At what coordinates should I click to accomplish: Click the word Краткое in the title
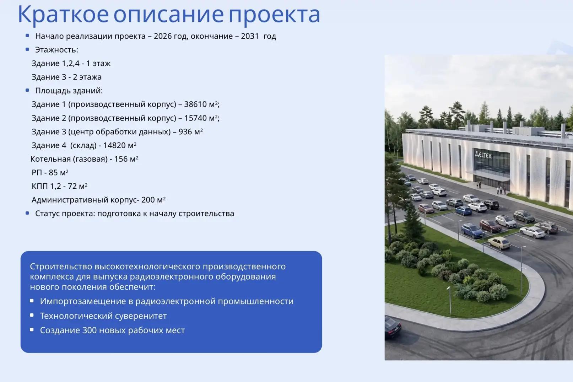click(x=63, y=15)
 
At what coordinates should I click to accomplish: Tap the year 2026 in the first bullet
click(x=163, y=36)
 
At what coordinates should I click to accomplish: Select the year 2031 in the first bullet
click(x=250, y=36)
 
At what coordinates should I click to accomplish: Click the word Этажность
click(x=56, y=50)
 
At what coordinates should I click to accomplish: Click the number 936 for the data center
click(x=185, y=131)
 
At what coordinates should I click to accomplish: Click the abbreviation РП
click(x=37, y=172)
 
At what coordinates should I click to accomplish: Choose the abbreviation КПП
click(x=40, y=186)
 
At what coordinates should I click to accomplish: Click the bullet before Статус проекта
click(x=27, y=213)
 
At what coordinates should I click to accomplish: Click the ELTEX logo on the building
click(x=483, y=155)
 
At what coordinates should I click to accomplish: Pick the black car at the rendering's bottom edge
click(x=393, y=327)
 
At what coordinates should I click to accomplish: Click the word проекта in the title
click(x=274, y=15)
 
